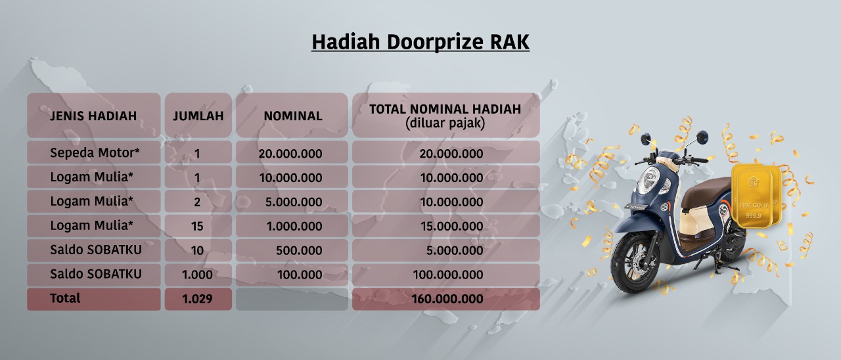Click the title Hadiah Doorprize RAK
click(420, 41)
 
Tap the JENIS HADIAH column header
click(93, 116)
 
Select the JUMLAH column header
click(198, 116)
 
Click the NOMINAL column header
click(293, 116)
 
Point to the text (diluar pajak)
click(445, 123)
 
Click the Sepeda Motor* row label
click(95, 153)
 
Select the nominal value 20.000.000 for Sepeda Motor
click(290, 154)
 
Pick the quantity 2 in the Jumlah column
click(197, 202)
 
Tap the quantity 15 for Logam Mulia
click(197, 226)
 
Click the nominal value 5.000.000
click(294, 202)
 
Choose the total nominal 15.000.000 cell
click(451, 226)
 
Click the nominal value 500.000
click(299, 250)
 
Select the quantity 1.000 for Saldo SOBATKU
click(197, 275)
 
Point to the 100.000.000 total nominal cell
click(448, 275)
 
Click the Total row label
click(65, 298)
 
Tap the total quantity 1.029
click(197, 299)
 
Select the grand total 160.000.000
click(447, 299)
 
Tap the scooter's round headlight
click(648, 180)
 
